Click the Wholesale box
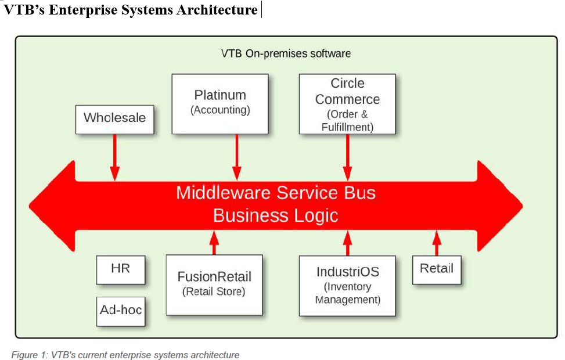point(115,119)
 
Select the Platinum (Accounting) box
point(220,103)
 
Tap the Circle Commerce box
point(347,104)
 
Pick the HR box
point(121,270)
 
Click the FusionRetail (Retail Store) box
point(214,285)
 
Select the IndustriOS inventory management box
point(347,285)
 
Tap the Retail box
point(437,269)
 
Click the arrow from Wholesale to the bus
point(115,157)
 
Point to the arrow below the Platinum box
point(236,157)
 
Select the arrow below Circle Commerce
point(347,157)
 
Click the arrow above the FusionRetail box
point(214,242)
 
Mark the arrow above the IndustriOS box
point(347,243)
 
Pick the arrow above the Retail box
point(437,242)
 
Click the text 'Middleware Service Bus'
point(276,193)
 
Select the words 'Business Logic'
point(276,215)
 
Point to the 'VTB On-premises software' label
point(286,53)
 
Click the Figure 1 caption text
point(125,354)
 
